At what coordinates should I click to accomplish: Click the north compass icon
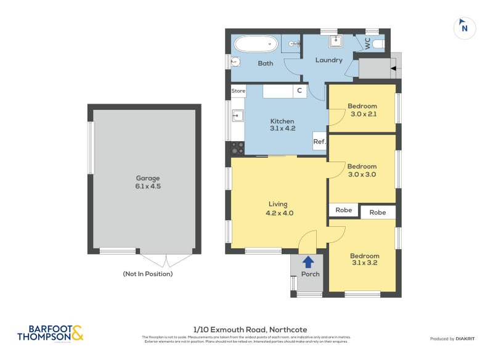pos(464,28)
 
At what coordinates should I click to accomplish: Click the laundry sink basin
pos(335,42)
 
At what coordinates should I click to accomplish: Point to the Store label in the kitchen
pos(238,91)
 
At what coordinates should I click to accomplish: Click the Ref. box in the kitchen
pos(319,142)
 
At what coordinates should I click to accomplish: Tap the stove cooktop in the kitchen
pos(237,148)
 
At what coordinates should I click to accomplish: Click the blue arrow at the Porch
pos(308,261)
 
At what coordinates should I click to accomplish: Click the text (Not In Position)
pos(148,274)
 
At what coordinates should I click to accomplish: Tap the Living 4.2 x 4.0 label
pos(277,208)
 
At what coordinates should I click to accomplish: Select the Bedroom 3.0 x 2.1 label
pos(362,110)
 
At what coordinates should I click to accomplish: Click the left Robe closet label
pos(344,210)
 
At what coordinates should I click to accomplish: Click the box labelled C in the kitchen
pos(299,91)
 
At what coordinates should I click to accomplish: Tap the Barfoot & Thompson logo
pos(50,333)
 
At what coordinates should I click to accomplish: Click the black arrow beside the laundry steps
pos(393,69)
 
